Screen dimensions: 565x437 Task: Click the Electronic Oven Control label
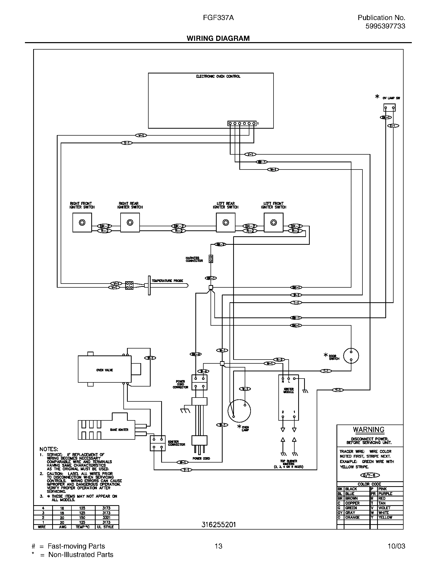(x=218, y=76)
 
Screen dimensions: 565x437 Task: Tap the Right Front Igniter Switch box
(x=82, y=222)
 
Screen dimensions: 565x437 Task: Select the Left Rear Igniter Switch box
(x=225, y=222)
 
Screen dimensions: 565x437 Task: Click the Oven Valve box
(x=105, y=370)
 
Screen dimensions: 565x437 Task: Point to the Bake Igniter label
(x=119, y=430)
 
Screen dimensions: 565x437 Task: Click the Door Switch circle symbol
(x=351, y=356)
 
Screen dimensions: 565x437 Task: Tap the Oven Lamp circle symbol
(x=239, y=411)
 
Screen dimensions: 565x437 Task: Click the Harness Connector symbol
(x=211, y=259)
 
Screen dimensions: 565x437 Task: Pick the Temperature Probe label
(x=167, y=281)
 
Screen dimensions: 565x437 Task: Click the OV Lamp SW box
(x=389, y=108)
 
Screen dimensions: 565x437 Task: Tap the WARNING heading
(x=369, y=430)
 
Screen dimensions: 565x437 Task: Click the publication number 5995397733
(x=385, y=26)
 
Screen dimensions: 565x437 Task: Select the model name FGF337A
(x=218, y=17)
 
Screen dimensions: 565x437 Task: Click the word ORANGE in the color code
(x=352, y=517)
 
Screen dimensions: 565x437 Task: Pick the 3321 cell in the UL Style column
(x=106, y=518)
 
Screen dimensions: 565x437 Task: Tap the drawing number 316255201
(x=219, y=525)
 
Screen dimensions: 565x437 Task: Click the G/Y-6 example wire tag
(x=370, y=475)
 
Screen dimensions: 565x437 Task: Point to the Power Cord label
(x=201, y=458)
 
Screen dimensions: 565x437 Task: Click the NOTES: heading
(x=49, y=449)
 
